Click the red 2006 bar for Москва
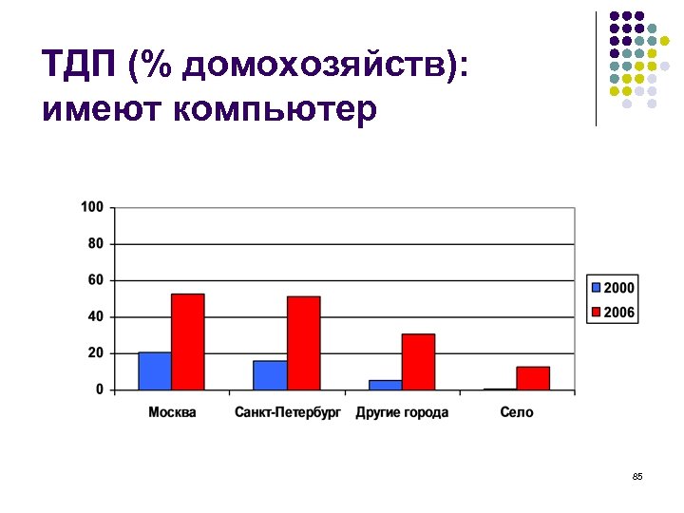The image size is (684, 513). (x=187, y=342)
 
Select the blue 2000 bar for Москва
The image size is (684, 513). (x=155, y=371)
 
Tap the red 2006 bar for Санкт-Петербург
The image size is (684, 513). (x=303, y=343)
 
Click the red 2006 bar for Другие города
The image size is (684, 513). (x=418, y=362)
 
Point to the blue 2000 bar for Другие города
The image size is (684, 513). (x=385, y=385)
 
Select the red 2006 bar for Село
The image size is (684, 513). (x=533, y=378)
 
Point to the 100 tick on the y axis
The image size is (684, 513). (x=92, y=207)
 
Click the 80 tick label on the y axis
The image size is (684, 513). (x=95, y=243)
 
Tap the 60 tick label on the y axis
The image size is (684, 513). (x=95, y=280)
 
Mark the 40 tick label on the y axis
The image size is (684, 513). (x=95, y=316)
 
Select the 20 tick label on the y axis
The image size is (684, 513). (x=95, y=353)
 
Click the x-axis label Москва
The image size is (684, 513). (x=172, y=412)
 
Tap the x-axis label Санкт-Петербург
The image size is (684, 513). (x=287, y=412)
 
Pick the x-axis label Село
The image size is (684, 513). (x=517, y=412)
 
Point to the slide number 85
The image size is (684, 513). (x=637, y=476)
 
